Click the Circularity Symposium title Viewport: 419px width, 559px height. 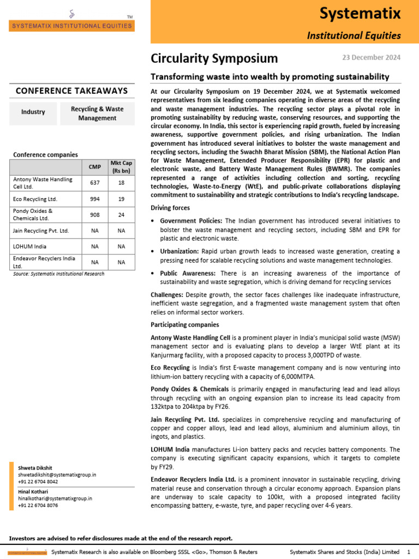tap(214, 58)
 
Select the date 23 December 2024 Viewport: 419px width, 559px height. tap(371, 57)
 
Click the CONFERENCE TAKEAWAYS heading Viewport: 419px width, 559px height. tap(71, 91)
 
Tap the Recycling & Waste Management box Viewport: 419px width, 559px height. tap(97, 113)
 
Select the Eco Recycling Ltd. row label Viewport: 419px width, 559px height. tap(35, 199)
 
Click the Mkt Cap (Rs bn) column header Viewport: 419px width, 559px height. tap(121, 166)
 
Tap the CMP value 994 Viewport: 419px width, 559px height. tap(94, 199)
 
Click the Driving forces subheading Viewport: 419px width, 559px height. tap(170, 208)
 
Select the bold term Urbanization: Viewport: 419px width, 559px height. tap(179, 251)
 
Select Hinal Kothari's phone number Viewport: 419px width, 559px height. tap(38, 506)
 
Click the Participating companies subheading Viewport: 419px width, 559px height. tap(184, 325)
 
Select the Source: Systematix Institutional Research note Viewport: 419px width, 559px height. tap(58, 274)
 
